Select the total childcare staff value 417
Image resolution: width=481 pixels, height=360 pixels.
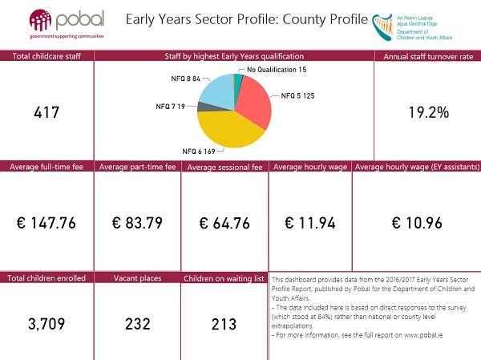click(46, 113)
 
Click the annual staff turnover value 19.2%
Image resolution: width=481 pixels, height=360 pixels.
click(428, 112)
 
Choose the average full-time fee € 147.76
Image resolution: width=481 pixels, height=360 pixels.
click(46, 222)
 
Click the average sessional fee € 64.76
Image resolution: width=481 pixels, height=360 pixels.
click(224, 222)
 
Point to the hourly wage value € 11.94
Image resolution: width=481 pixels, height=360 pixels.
click(309, 222)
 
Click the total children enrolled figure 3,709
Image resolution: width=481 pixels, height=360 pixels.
click(46, 325)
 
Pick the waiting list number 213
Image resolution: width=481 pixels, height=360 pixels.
click(224, 325)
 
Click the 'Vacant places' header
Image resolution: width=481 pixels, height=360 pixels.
click(136, 277)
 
